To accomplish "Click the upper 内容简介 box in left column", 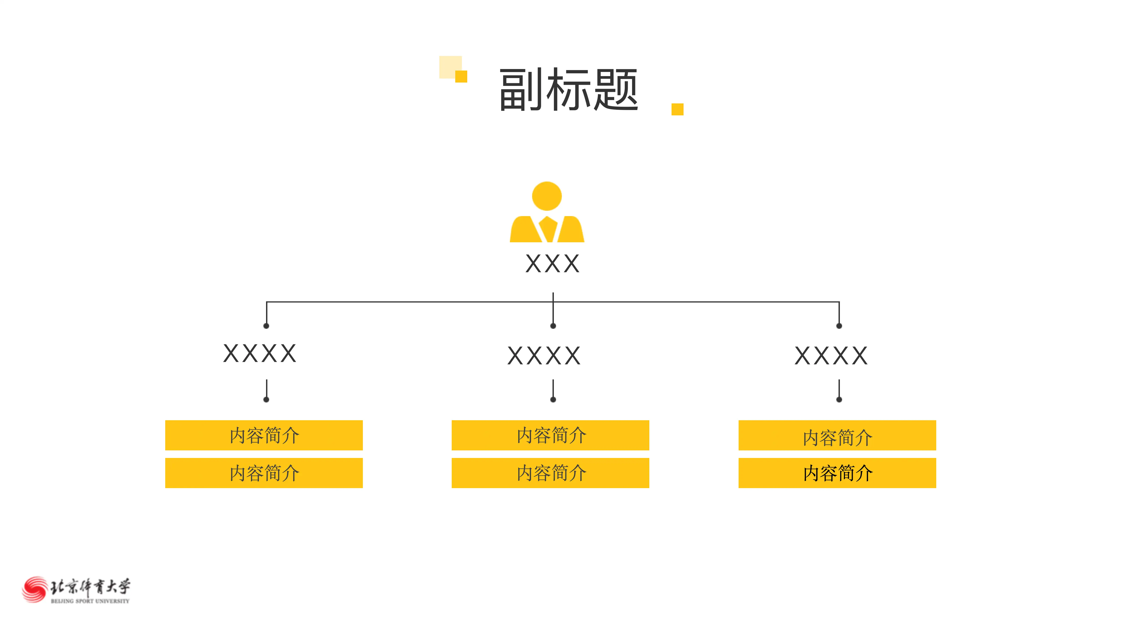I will [264, 435].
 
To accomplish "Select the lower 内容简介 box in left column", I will [264, 473].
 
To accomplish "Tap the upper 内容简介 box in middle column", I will [551, 435].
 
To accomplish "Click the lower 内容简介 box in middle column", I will [551, 473].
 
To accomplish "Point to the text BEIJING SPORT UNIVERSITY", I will [90, 601].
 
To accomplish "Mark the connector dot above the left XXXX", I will [266, 326].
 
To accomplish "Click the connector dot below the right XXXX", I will [839, 400].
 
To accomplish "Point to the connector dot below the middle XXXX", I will [553, 400].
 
